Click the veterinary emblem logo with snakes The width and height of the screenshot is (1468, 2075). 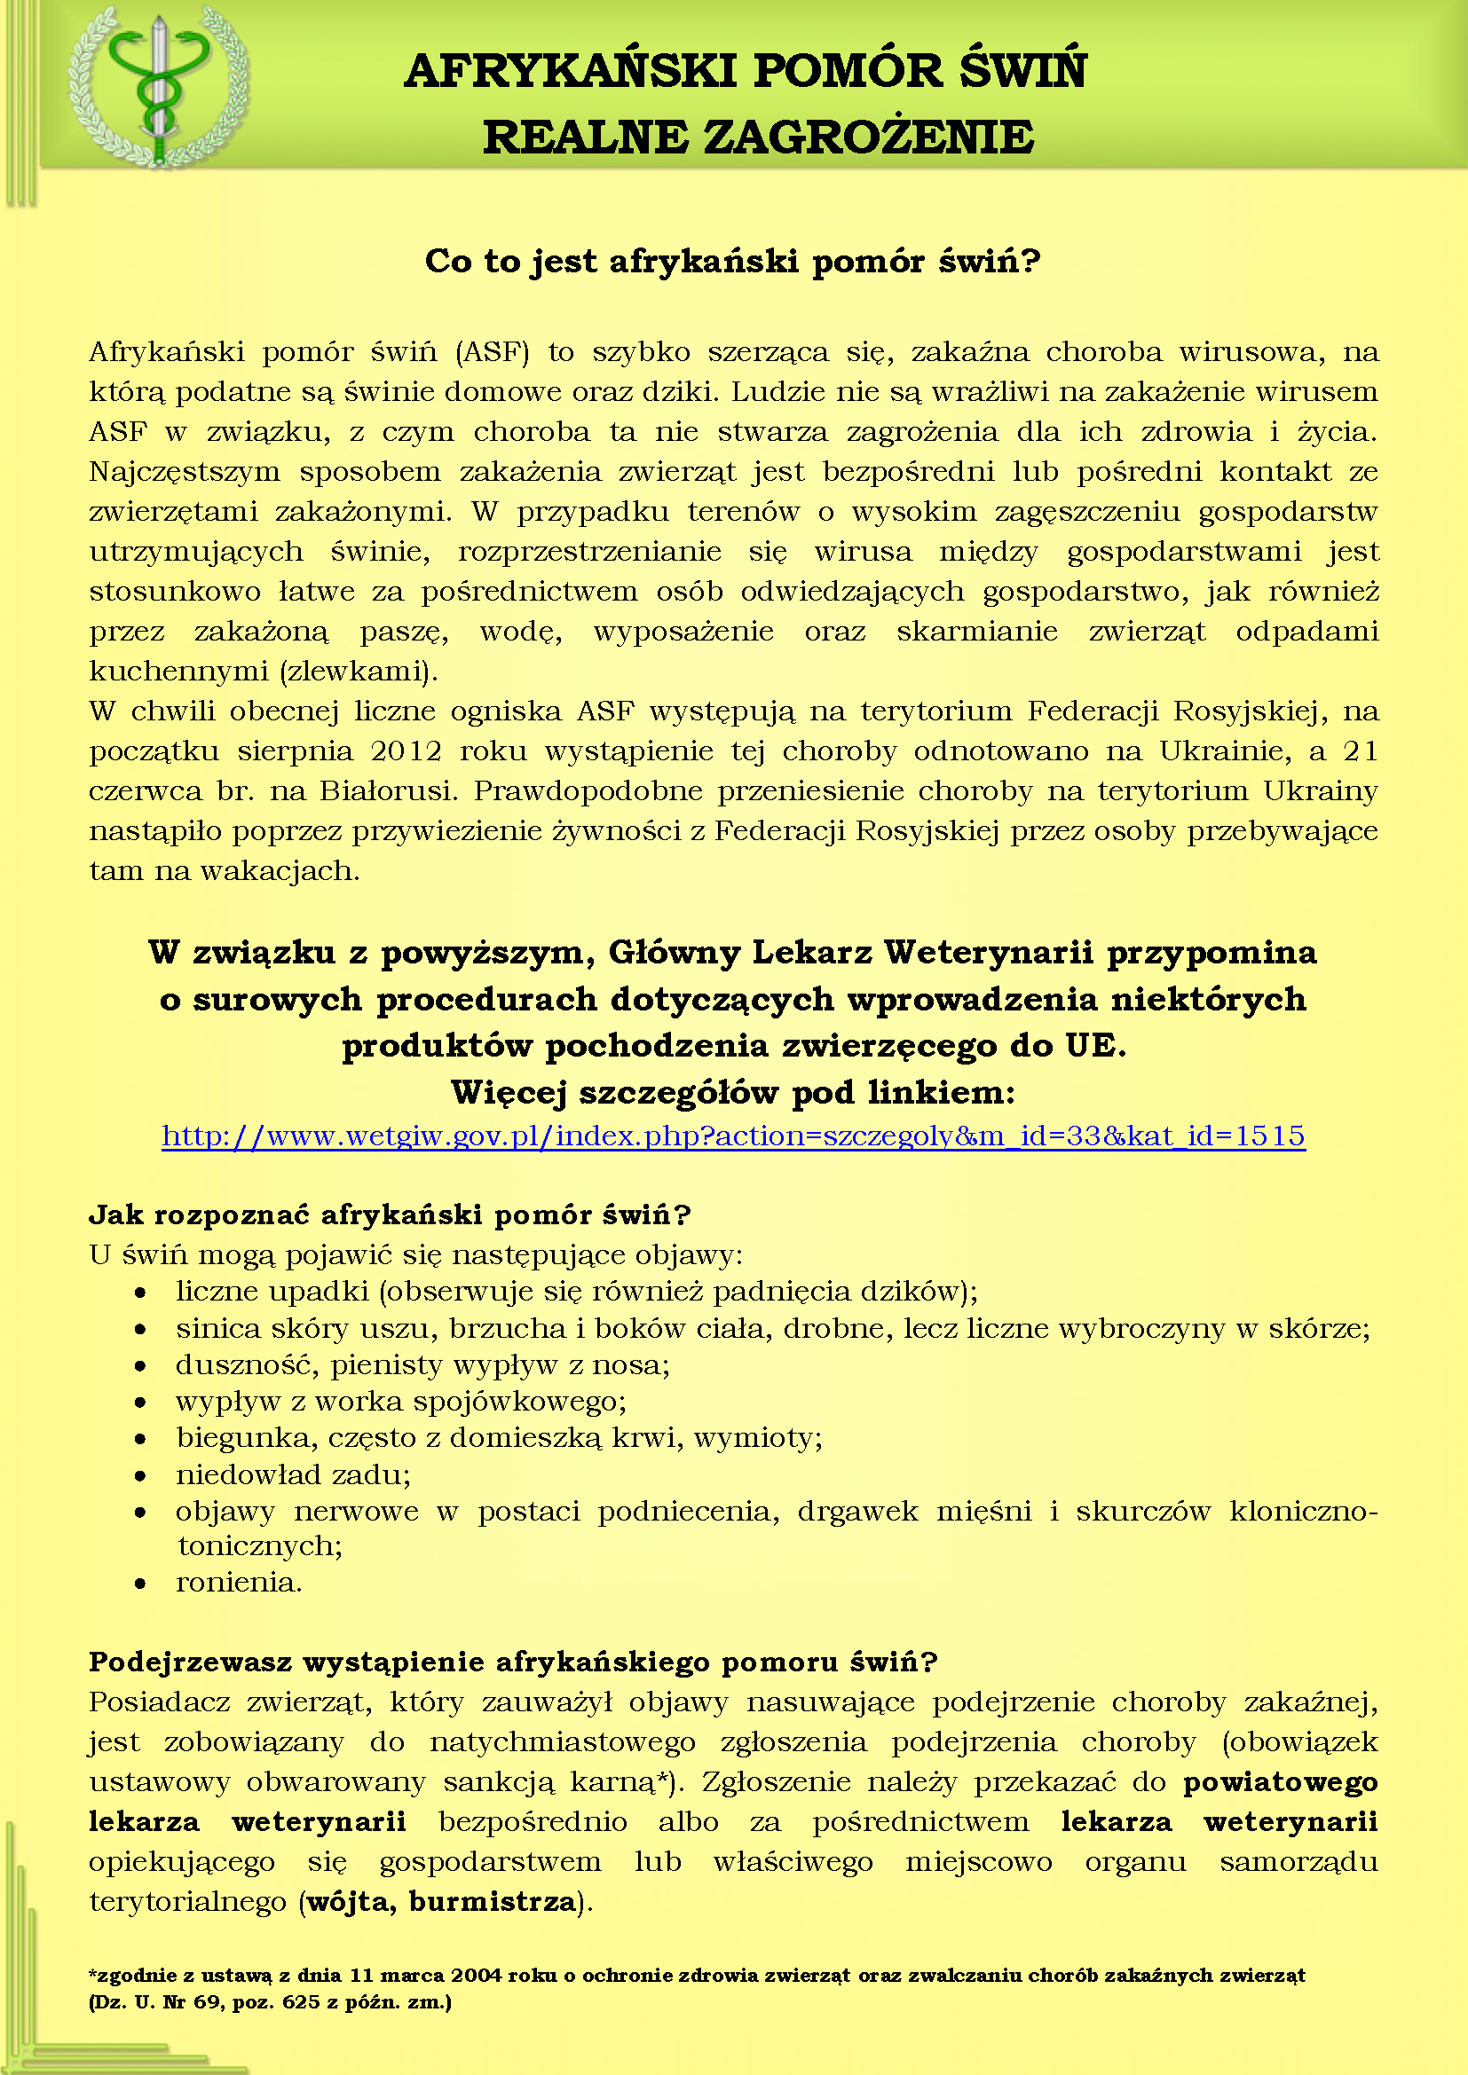click(x=159, y=88)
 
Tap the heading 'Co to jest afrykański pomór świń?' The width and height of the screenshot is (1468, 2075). click(x=732, y=261)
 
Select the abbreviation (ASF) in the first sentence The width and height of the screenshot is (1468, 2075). click(x=493, y=351)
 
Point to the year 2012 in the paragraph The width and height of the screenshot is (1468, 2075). click(x=406, y=751)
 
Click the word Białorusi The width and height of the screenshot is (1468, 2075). click(x=390, y=790)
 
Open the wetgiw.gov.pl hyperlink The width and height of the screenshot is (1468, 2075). click(x=733, y=1136)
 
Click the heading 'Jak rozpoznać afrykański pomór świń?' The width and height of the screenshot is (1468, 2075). click(x=390, y=1214)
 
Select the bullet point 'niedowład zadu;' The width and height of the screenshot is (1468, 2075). click(x=293, y=1474)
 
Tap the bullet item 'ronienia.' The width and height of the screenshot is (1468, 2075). click(x=239, y=1582)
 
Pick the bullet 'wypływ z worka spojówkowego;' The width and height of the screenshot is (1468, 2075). click(x=400, y=1401)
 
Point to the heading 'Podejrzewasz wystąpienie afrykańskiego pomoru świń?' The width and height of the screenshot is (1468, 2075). click(x=512, y=1661)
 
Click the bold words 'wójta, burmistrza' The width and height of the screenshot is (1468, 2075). click(x=441, y=1901)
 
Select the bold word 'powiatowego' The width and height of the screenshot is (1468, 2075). click(x=1280, y=1781)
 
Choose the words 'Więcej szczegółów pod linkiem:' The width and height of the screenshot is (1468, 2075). click(x=733, y=1092)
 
